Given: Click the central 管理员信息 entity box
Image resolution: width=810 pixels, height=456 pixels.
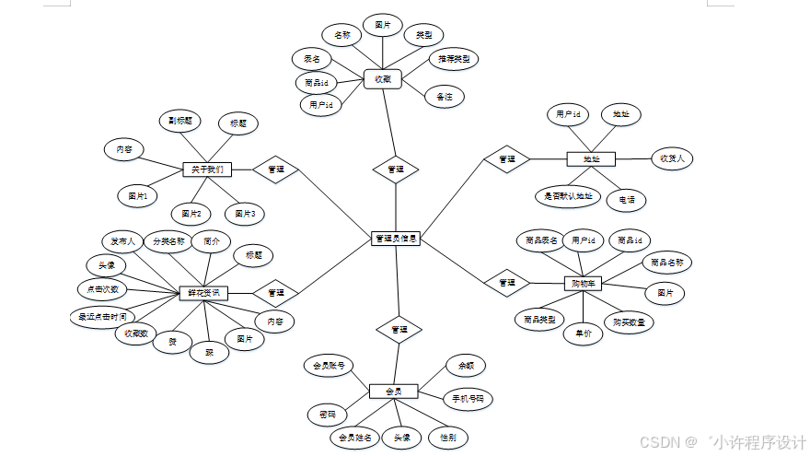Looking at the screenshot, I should [x=396, y=239].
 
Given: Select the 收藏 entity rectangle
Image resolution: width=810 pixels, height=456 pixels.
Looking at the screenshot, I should [x=383, y=79].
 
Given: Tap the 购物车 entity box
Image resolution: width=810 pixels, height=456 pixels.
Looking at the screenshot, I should [x=582, y=284].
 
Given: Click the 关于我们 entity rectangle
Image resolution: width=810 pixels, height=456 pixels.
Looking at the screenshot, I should [x=207, y=170].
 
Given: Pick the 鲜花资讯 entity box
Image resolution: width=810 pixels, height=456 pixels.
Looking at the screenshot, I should [x=203, y=293].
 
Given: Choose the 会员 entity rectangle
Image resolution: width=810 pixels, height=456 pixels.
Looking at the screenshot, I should [x=393, y=392].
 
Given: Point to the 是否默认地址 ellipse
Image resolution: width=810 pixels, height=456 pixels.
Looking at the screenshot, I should [x=567, y=196].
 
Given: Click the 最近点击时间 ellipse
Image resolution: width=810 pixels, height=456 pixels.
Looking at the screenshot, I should [x=102, y=317].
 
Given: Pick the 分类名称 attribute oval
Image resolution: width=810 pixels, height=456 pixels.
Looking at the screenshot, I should [x=168, y=241].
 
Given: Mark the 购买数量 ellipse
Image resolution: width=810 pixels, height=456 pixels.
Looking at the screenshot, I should [x=629, y=322].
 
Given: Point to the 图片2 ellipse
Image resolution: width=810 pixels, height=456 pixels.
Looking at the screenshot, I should [x=191, y=214].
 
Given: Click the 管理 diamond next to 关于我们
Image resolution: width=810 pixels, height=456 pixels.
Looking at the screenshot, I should [x=275, y=170].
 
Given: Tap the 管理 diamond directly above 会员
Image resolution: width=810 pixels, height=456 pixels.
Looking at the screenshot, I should [x=399, y=329].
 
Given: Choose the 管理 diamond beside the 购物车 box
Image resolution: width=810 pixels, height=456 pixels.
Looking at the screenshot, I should [x=506, y=283].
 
